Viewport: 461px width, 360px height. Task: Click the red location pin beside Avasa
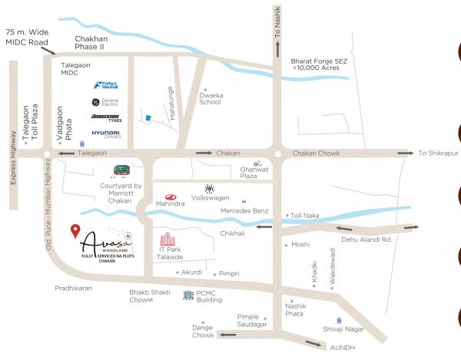(x=75, y=230)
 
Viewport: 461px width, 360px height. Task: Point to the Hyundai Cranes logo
(x=105, y=134)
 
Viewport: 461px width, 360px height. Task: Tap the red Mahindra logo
(x=170, y=197)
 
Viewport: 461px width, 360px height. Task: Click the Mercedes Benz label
(x=244, y=210)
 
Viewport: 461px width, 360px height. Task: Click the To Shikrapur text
(x=438, y=153)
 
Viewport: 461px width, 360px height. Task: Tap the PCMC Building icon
(x=187, y=295)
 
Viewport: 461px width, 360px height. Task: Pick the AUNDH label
(x=343, y=347)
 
